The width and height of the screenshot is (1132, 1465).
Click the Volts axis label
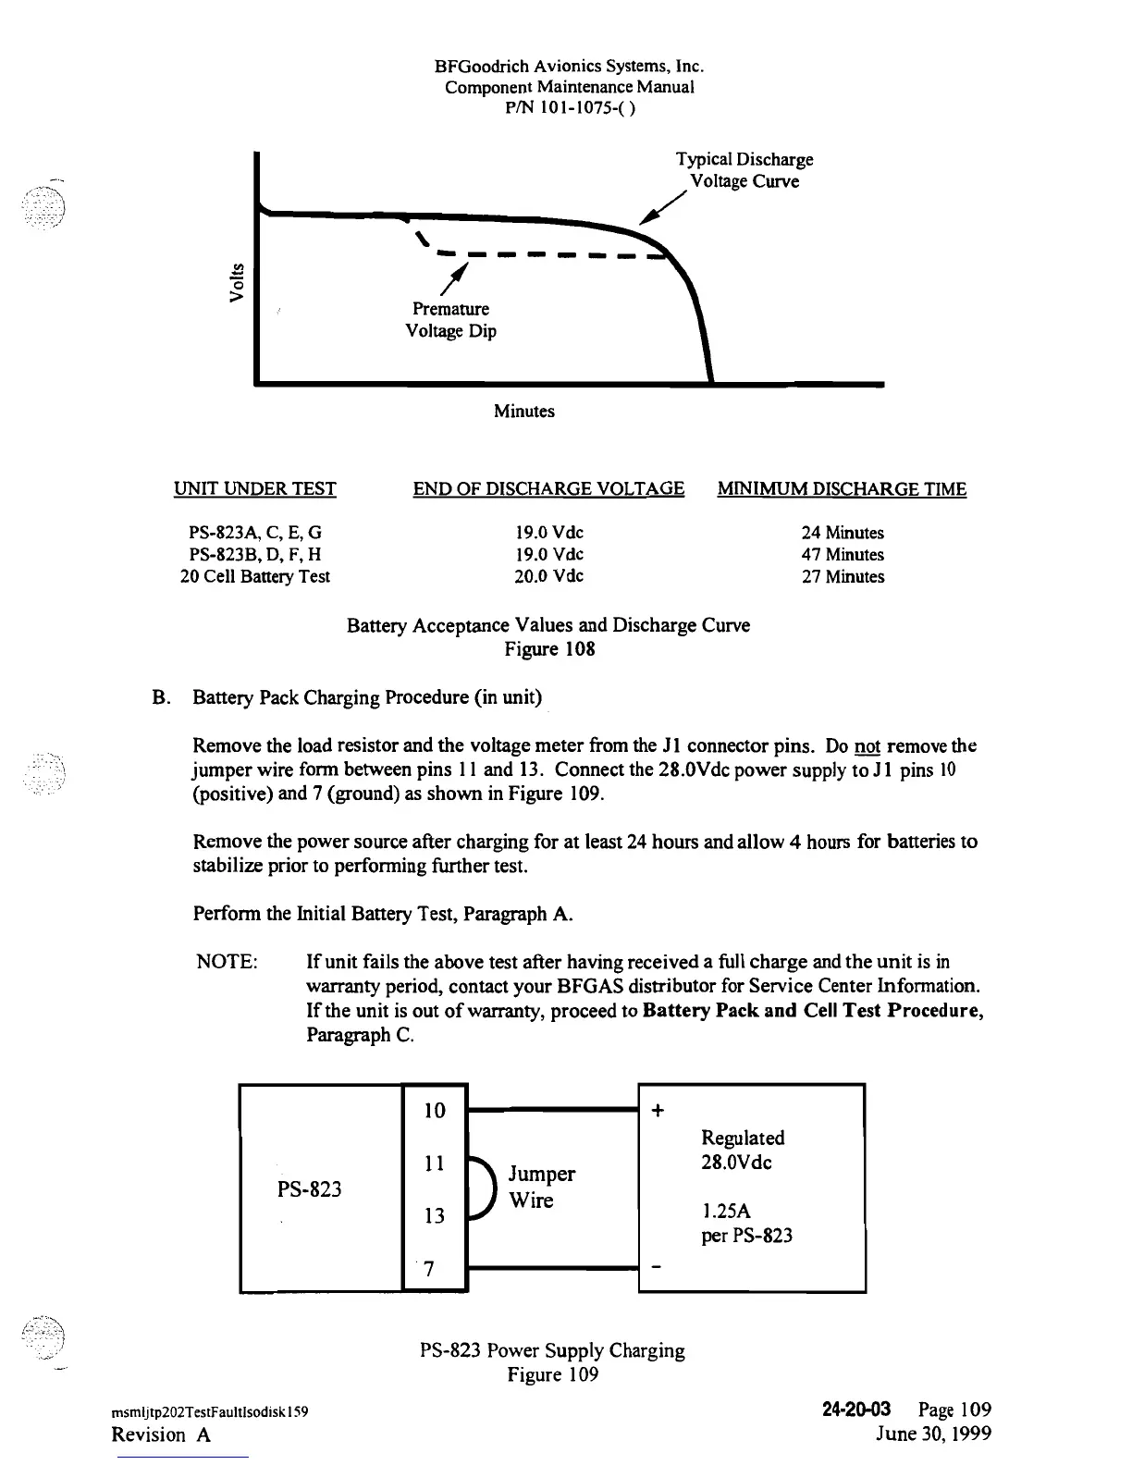click(x=238, y=283)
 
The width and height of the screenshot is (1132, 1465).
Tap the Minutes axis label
click(x=523, y=412)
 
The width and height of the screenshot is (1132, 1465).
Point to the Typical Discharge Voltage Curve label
click(x=744, y=170)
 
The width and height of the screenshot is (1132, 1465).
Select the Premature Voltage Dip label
click(x=450, y=320)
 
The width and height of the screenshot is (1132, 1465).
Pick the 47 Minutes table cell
click(x=843, y=555)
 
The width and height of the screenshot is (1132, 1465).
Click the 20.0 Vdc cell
click(x=549, y=576)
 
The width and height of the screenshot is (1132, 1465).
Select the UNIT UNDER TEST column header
click(x=255, y=489)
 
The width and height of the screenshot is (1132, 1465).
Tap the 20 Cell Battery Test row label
click(x=255, y=577)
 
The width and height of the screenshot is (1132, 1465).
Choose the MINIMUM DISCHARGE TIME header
click(x=842, y=489)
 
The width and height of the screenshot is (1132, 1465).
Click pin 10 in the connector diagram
click(x=435, y=1111)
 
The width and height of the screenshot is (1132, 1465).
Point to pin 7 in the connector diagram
click(x=428, y=1269)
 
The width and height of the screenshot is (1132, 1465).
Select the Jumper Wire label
click(x=542, y=1188)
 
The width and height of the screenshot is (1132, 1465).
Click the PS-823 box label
click(x=310, y=1189)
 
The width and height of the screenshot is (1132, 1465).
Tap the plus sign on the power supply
click(x=658, y=1112)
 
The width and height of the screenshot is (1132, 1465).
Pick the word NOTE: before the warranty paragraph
click(x=228, y=962)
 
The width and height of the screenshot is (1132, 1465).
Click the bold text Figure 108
click(x=549, y=649)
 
